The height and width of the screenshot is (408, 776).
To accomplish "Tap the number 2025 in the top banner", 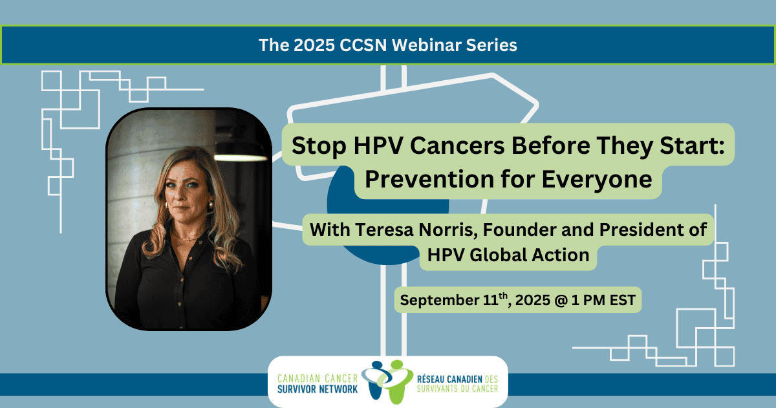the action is coord(314,45).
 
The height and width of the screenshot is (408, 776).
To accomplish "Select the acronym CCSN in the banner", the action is coord(363,45).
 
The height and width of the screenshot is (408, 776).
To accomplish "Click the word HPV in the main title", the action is coord(378,145).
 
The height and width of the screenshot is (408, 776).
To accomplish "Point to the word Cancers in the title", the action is coord(457,146).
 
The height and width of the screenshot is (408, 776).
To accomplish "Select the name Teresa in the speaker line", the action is coord(384,230).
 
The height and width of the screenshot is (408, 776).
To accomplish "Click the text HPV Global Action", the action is coord(508,255).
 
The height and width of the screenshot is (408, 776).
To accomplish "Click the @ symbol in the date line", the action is coord(561,300).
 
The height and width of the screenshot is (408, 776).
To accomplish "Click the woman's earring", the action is coord(210,206).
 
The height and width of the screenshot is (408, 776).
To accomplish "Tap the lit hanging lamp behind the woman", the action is coord(241,158).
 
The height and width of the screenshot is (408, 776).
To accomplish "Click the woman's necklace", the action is coord(188,239).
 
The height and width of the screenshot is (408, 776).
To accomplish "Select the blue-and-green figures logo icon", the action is coord(387,381).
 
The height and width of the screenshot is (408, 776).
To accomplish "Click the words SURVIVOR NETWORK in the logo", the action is coord(318,389).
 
